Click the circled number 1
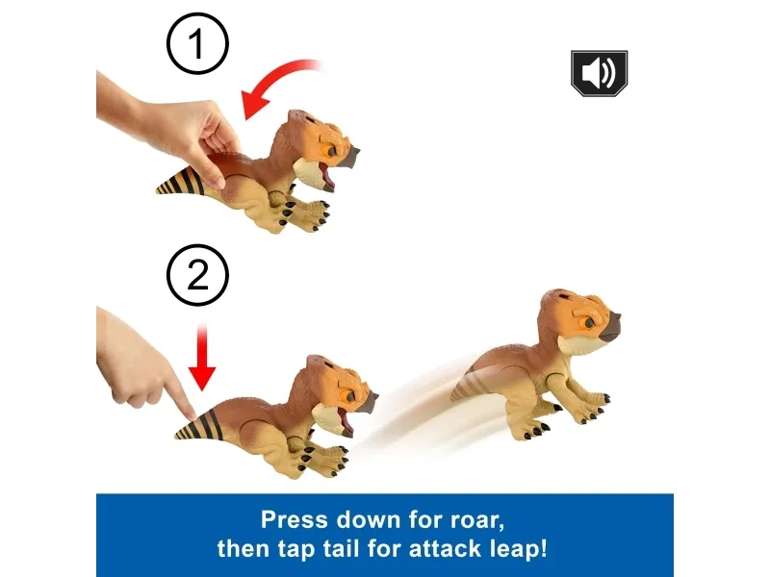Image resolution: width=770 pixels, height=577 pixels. coord(197,43)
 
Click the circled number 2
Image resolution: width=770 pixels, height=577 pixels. coord(197,275)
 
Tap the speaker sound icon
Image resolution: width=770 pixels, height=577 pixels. coord(599,73)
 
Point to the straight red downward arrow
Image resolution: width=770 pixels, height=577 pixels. coord(202,357)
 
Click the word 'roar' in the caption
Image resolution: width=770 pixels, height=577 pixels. coord(475,520)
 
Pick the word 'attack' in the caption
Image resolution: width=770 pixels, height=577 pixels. coord(445,548)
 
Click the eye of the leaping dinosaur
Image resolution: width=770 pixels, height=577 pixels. coord(588,322)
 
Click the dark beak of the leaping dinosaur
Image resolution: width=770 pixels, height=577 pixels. coord(611,327)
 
